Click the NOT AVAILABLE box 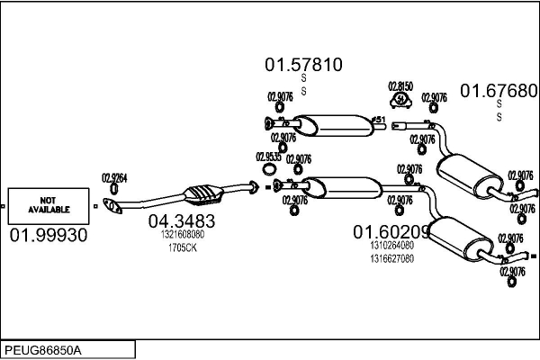49,206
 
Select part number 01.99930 49,235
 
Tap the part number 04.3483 181,221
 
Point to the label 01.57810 303,65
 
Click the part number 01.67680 499,90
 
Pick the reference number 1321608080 183,234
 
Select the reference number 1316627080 391,257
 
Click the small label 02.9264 114,177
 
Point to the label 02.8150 400,85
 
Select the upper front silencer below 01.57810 327,123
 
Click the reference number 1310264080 391,245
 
